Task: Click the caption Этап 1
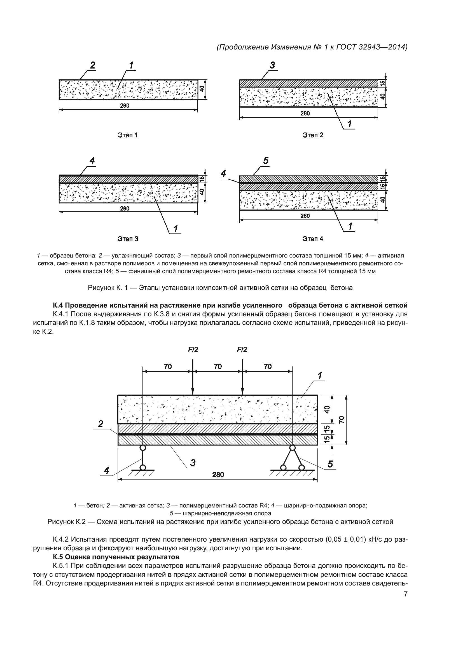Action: click(x=128, y=135)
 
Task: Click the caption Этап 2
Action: click(x=313, y=135)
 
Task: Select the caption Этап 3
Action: click(x=128, y=239)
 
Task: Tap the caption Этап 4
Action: click(x=313, y=239)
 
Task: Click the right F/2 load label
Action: click(x=242, y=350)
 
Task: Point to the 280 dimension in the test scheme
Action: click(x=218, y=475)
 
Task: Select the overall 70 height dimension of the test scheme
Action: click(x=342, y=419)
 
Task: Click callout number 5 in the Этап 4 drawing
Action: click(x=266, y=161)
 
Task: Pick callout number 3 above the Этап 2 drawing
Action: click(x=272, y=65)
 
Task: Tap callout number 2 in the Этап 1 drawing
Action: click(x=93, y=65)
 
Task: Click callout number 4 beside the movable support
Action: click(x=106, y=470)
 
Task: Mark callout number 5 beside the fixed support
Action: click(x=330, y=464)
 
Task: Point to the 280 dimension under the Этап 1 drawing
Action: click(x=125, y=106)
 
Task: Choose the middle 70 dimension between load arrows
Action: click(x=218, y=366)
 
